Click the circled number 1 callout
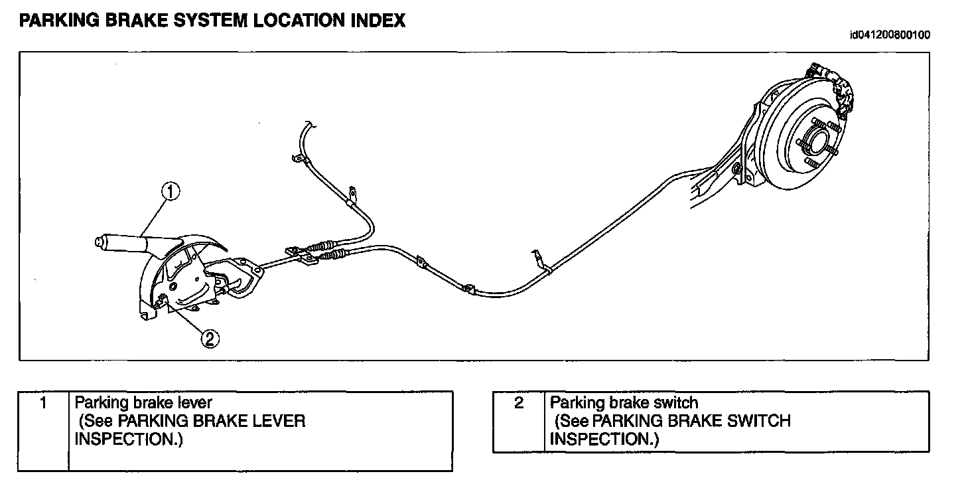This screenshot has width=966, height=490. click(x=171, y=192)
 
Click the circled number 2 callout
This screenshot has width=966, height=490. click(x=210, y=339)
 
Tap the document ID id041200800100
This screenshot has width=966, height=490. click(x=889, y=35)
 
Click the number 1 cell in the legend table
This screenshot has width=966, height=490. click(x=43, y=402)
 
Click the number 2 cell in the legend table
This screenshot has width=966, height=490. click(x=519, y=402)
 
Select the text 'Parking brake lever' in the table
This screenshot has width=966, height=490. click(x=143, y=402)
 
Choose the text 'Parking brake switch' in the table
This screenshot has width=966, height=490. click(x=624, y=402)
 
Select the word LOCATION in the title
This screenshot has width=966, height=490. click(x=295, y=21)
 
